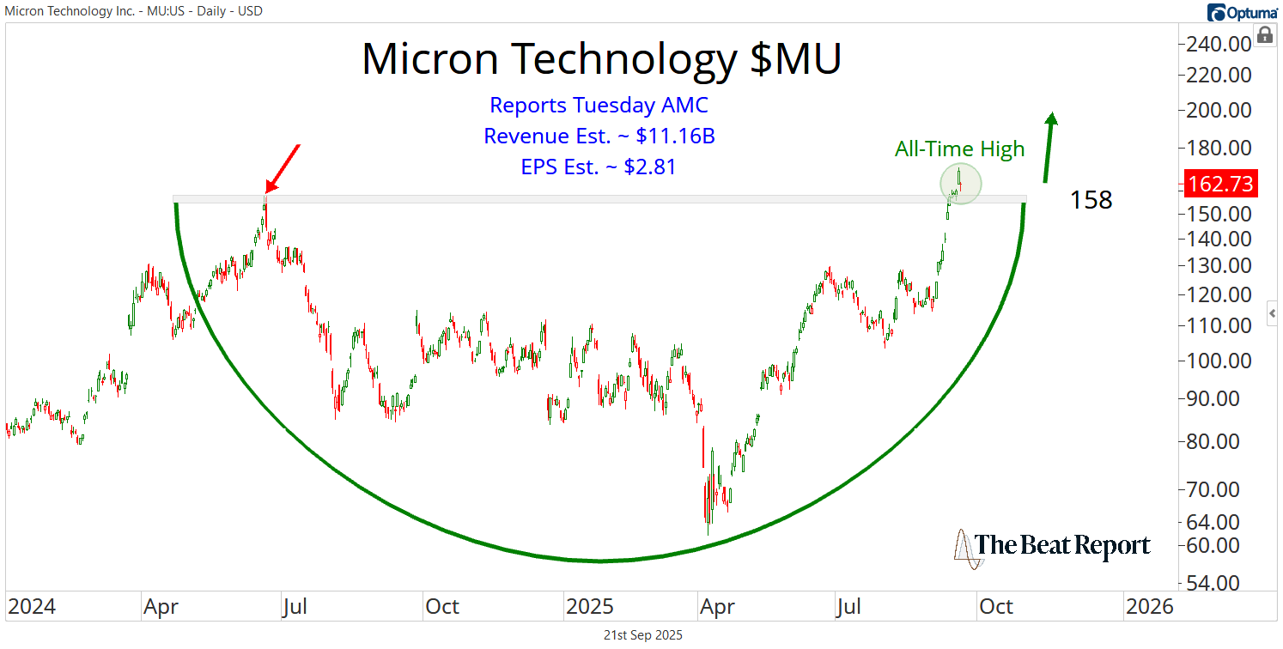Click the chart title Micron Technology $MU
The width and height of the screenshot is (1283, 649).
[601, 58]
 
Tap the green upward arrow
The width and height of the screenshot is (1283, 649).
[1049, 148]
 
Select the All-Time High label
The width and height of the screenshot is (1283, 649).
[959, 149]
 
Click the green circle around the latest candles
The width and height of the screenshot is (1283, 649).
[959, 184]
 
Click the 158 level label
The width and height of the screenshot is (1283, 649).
[1091, 201]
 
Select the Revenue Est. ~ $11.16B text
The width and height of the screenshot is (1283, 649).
[599, 136]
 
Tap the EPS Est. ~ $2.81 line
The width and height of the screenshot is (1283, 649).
[599, 167]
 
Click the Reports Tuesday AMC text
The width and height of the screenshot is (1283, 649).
[599, 106]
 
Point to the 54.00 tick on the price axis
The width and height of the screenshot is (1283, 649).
[1219, 583]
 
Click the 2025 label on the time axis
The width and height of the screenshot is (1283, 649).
[590, 607]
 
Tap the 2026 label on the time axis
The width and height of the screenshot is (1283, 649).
[1148, 607]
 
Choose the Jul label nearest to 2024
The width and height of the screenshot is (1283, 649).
[295, 607]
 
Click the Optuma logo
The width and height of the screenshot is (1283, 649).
[1242, 12]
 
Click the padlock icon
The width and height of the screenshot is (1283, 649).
[1264, 35]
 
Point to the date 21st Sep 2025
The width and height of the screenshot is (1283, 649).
[641, 635]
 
